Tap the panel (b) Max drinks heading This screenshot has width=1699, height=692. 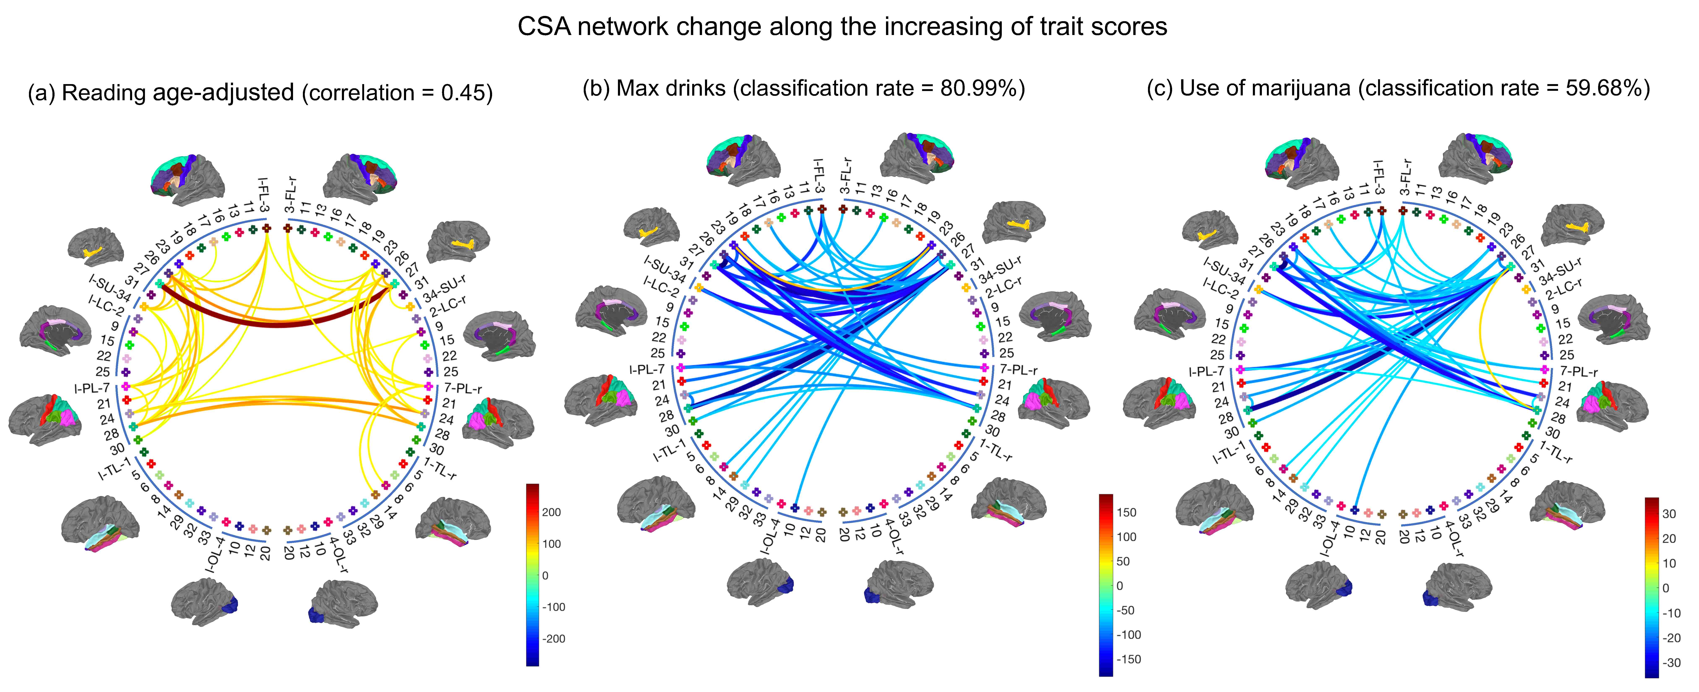click(x=803, y=88)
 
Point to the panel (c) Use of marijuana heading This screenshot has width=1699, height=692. click(x=1398, y=88)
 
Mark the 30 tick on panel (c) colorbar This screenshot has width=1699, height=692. click(x=1669, y=515)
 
